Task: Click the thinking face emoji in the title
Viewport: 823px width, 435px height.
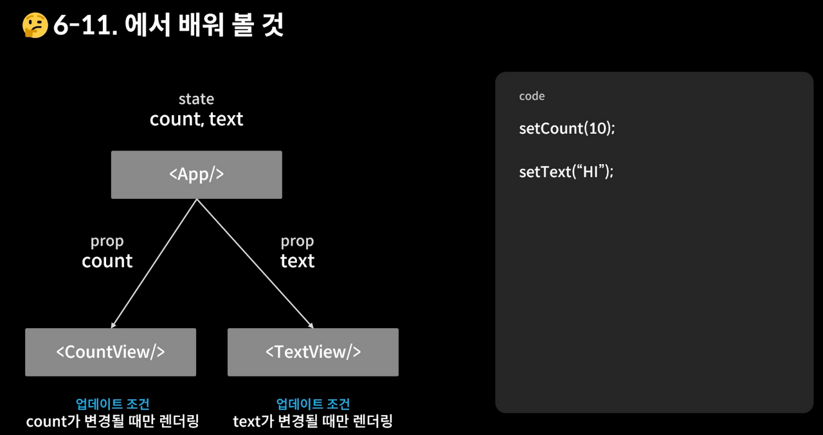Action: [35, 26]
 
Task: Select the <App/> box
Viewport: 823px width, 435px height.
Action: [196, 174]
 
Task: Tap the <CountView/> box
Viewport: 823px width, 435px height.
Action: [111, 352]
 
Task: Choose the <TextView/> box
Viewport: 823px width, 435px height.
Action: [313, 352]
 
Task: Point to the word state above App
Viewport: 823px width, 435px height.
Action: [196, 99]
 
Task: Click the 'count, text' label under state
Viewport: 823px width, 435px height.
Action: [196, 119]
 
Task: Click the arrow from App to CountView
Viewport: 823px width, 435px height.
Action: [154, 263]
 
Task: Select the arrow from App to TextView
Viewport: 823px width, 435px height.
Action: [255, 263]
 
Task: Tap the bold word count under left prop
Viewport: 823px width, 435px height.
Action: [107, 261]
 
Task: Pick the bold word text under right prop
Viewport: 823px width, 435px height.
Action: [297, 261]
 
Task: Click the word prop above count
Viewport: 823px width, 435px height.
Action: [107, 241]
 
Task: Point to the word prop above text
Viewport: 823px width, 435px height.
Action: [297, 241]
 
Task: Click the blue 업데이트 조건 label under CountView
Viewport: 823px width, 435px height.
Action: [113, 404]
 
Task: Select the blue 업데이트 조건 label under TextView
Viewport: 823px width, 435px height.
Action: [313, 404]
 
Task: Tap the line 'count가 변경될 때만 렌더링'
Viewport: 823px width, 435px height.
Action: [113, 421]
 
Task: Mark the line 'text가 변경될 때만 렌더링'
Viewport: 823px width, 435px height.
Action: [313, 421]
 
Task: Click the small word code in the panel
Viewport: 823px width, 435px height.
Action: [532, 96]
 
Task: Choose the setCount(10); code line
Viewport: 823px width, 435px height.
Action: [566, 128]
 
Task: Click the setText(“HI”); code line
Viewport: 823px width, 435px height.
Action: [566, 172]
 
